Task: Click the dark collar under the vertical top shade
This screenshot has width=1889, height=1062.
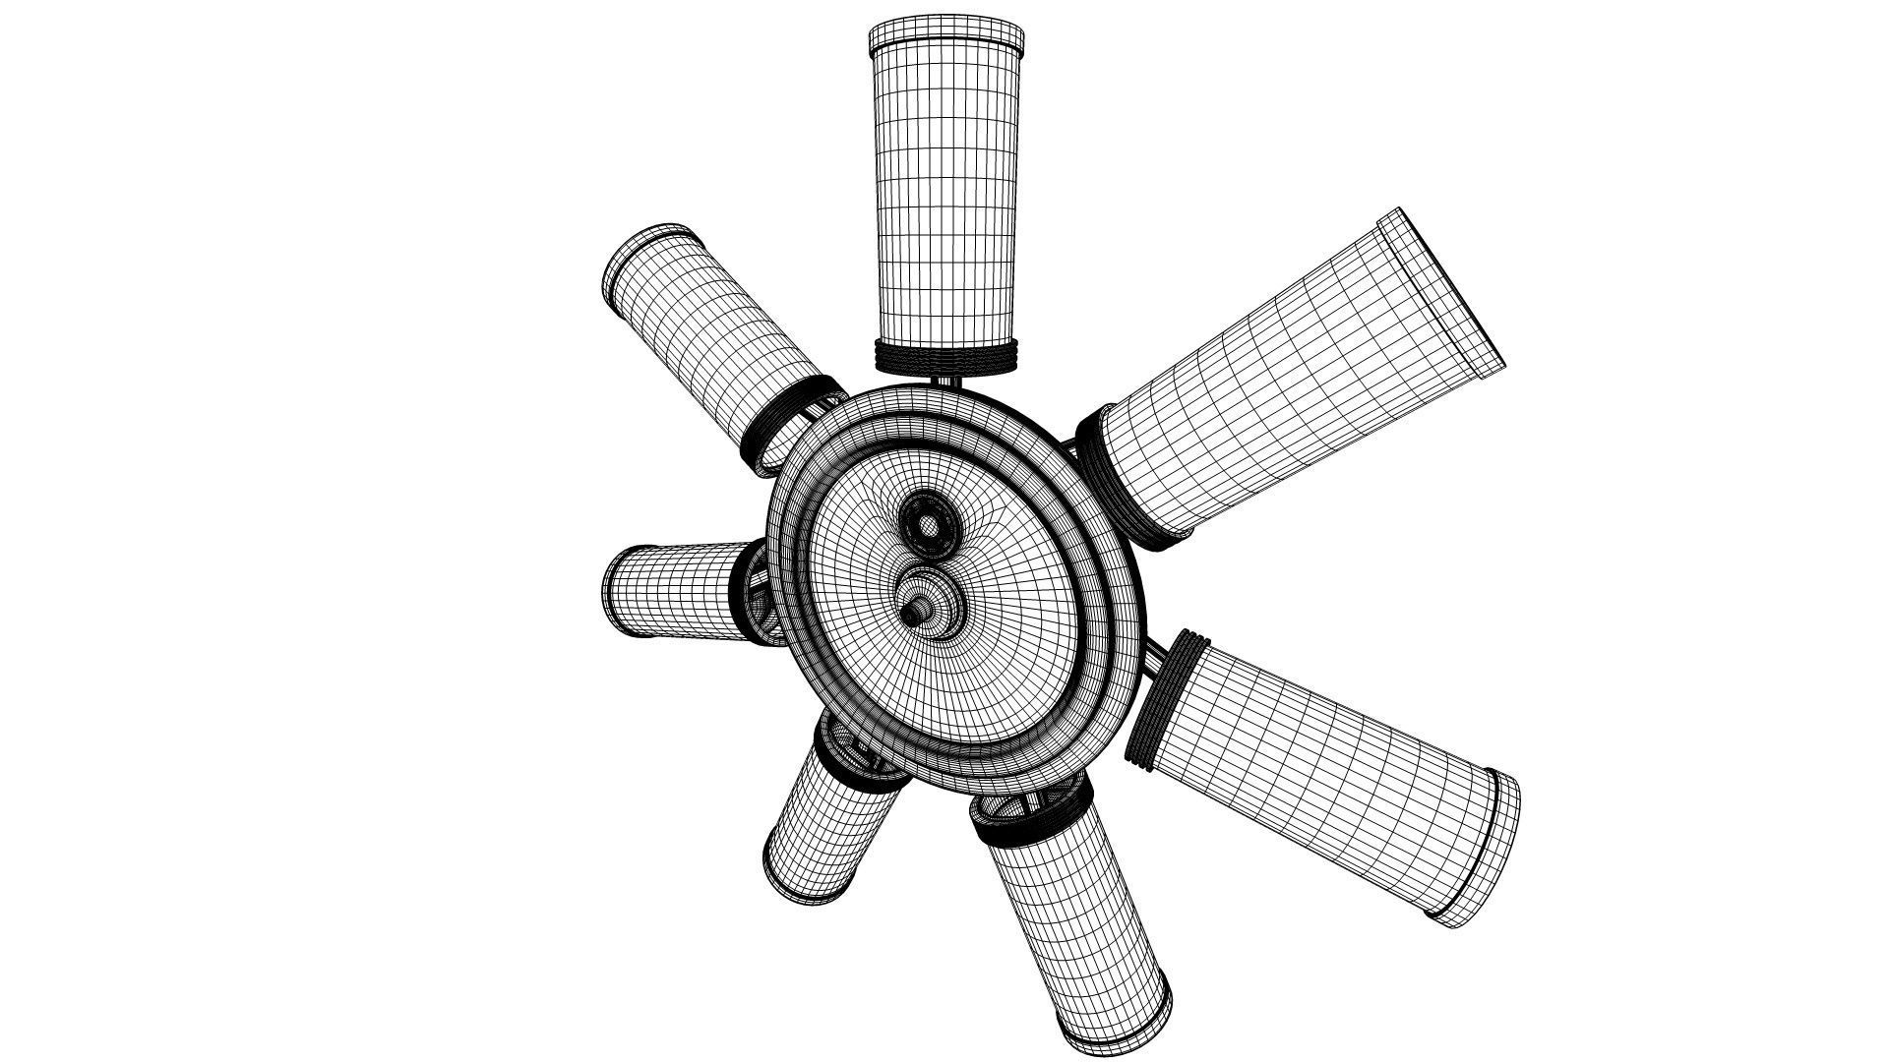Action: pos(946,358)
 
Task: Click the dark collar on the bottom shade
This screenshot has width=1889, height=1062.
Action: pos(1023,826)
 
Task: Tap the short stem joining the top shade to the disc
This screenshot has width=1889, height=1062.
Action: pos(946,383)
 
